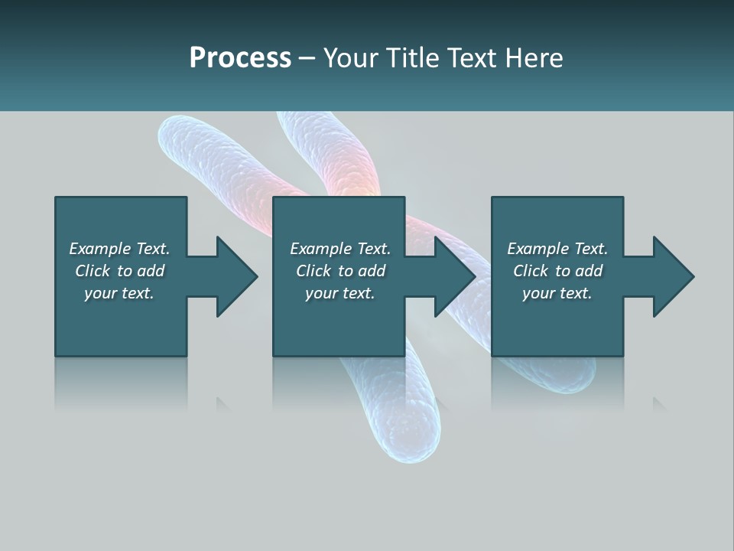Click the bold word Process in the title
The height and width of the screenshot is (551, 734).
coord(240,57)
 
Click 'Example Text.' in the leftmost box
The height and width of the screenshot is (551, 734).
coord(119,249)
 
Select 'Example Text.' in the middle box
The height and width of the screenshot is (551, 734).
coord(340,249)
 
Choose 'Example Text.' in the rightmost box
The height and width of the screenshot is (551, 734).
coord(557,249)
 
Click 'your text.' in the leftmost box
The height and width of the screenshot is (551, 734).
coord(119,293)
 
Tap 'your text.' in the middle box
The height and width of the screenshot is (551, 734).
coord(340,293)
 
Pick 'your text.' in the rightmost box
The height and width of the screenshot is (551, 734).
coord(557,293)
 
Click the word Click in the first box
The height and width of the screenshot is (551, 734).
coord(93,271)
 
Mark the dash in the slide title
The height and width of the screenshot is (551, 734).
coord(307,58)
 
